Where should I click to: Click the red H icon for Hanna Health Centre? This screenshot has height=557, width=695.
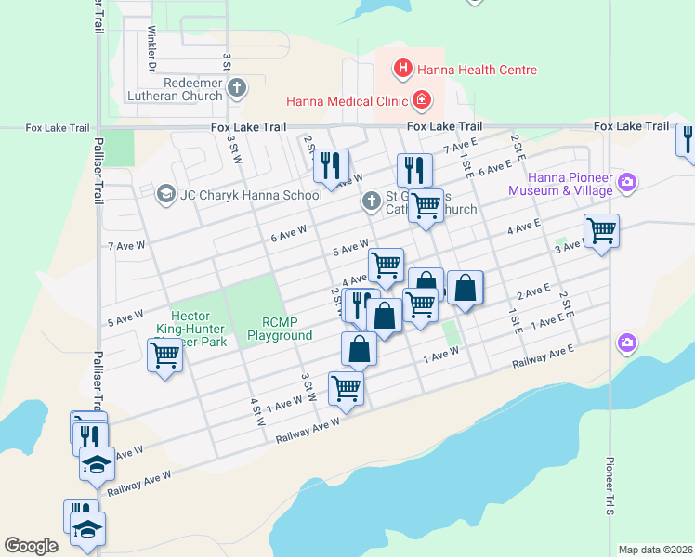403,68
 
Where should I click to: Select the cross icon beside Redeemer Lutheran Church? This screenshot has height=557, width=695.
237,89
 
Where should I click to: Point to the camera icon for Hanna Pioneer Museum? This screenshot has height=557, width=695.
627,183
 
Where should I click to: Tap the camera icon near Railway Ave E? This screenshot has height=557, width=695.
627,343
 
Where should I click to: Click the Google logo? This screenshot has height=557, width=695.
31,545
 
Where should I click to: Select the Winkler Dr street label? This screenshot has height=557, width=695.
151,47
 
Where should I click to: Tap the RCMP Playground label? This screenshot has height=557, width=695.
279,329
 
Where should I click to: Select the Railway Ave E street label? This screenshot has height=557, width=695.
544,357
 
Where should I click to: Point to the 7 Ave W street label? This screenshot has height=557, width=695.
124,246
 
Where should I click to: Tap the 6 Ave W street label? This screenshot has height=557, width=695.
288,237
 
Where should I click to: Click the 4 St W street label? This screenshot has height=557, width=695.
257,412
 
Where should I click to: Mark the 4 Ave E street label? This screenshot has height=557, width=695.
523,226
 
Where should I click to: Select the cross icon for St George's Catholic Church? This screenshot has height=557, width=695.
372,201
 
